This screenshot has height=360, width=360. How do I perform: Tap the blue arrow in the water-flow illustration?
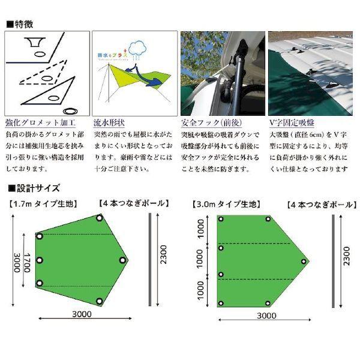tap(155, 80)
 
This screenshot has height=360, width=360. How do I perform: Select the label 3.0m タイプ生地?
tap(227, 204)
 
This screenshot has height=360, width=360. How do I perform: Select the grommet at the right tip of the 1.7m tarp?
tap(123, 260)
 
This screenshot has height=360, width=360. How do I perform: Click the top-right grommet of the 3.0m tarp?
tap(268, 219)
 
